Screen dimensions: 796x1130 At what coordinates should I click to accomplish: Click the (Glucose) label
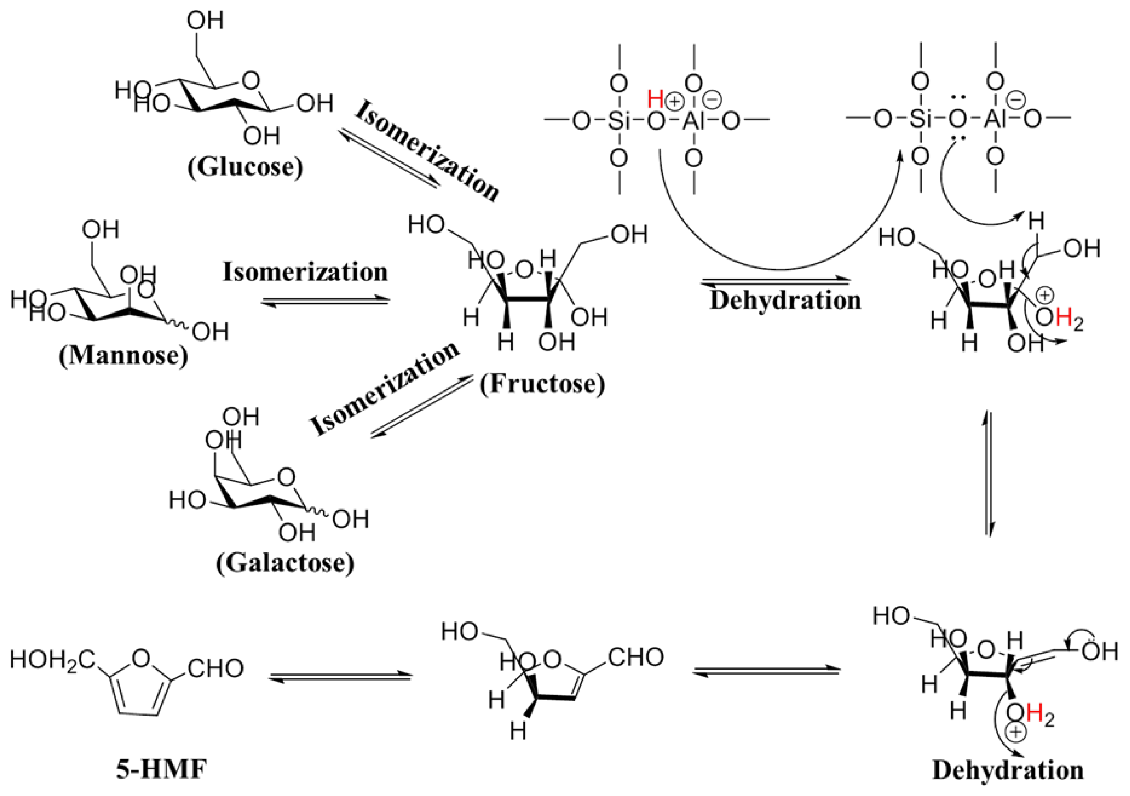(x=245, y=167)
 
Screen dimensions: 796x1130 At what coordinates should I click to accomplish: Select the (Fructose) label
(x=542, y=384)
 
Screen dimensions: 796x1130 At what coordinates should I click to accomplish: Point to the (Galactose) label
(x=285, y=562)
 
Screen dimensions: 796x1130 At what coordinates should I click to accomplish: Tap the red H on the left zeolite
(x=656, y=99)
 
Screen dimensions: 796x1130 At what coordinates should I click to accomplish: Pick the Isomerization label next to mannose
(x=305, y=272)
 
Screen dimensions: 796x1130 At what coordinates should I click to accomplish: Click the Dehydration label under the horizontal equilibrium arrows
(x=785, y=301)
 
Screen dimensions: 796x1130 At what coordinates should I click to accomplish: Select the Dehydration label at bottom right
(x=1008, y=770)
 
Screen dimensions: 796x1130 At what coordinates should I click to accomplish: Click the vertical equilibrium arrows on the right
(x=989, y=474)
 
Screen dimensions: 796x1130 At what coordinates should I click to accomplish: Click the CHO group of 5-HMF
(x=216, y=669)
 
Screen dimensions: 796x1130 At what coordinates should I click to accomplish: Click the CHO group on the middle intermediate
(x=636, y=657)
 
